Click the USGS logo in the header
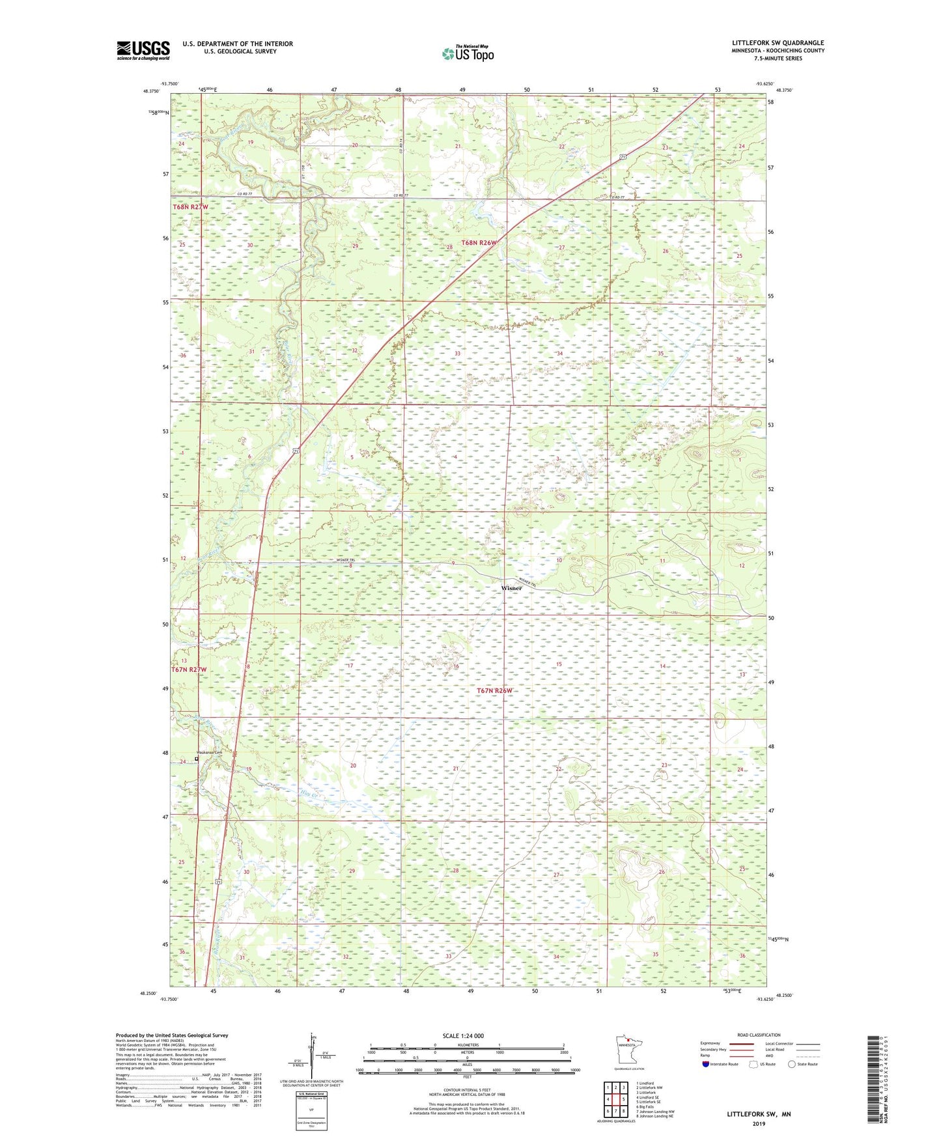tap(143, 50)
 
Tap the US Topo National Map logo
tap(468, 53)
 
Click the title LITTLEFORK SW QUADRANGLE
tap(778, 43)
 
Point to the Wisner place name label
tap(511, 588)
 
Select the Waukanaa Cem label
tap(210, 753)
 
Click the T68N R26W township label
tap(479, 242)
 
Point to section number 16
tap(456, 666)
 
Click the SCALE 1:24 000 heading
tap(463, 1035)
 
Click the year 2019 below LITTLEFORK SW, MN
tap(759, 1123)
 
